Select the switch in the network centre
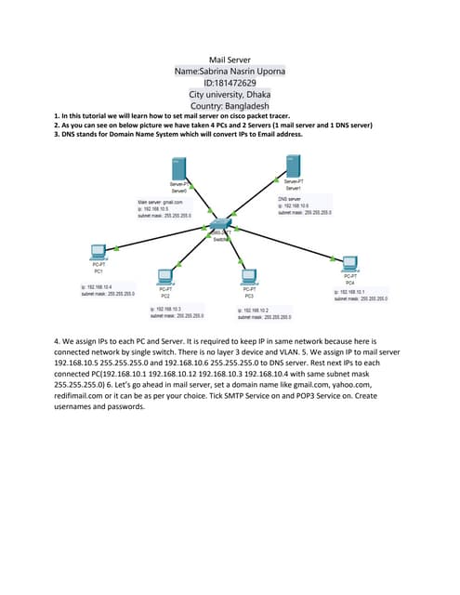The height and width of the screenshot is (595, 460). pyautogui.click(x=220, y=226)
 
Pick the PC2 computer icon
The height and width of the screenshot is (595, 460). pyautogui.click(x=165, y=276)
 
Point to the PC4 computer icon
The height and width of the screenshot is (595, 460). pyautogui.click(x=349, y=262)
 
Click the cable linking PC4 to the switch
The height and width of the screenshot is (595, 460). pyautogui.click(x=288, y=243)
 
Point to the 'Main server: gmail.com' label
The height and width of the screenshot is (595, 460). pyautogui.click(x=160, y=202)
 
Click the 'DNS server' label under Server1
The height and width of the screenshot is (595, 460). pyautogui.click(x=290, y=198)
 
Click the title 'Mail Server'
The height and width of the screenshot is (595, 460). pyautogui.click(x=230, y=59)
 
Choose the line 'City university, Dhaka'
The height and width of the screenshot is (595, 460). pyautogui.click(x=230, y=95)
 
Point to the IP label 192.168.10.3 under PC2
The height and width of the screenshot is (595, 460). pyautogui.click(x=168, y=308)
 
